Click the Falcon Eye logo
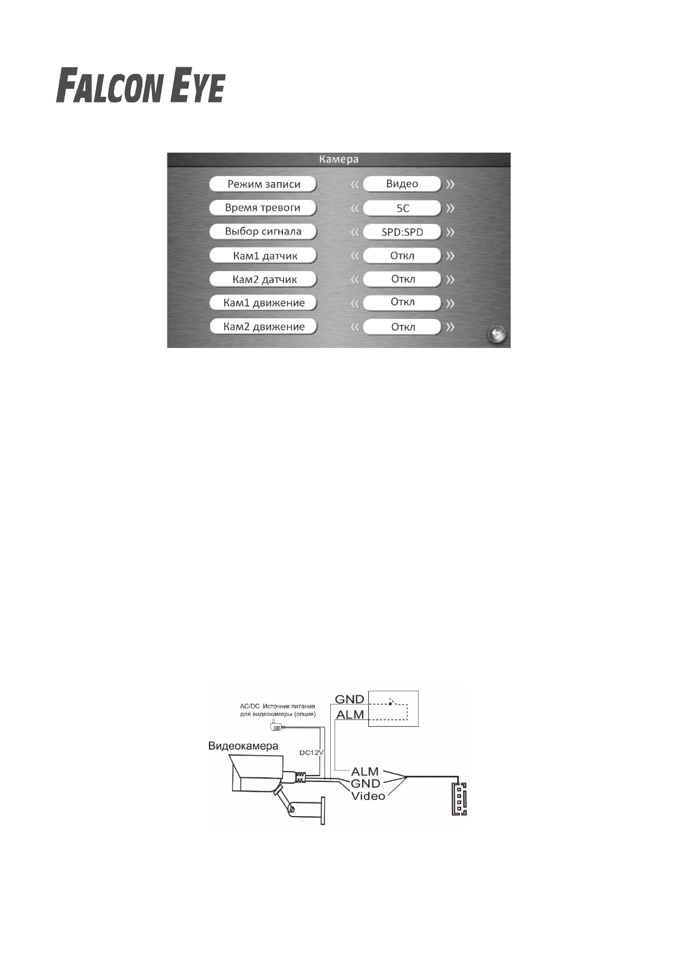pyautogui.click(x=140, y=86)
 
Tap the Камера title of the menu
pyautogui.click(x=338, y=159)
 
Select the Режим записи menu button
pyautogui.click(x=263, y=184)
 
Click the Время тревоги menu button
pyautogui.click(x=263, y=208)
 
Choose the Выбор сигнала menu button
pyautogui.click(x=263, y=232)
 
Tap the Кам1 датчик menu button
pyautogui.click(x=263, y=256)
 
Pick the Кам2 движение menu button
pyautogui.click(x=263, y=327)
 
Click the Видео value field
pyautogui.click(x=402, y=184)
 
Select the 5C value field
pyautogui.click(x=402, y=208)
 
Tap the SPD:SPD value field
pyautogui.click(x=402, y=232)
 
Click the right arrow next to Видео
pyautogui.click(x=450, y=185)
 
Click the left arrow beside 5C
pyautogui.click(x=355, y=208)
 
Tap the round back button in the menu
pyautogui.click(x=497, y=334)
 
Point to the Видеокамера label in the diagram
pyautogui.click(x=243, y=746)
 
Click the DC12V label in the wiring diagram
pyautogui.click(x=311, y=752)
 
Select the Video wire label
pyautogui.click(x=368, y=796)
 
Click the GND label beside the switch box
pyautogui.click(x=349, y=699)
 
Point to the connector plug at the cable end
pyautogui.click(x=459, y=799)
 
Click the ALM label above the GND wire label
pyautogui.click(x=365, y=772)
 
